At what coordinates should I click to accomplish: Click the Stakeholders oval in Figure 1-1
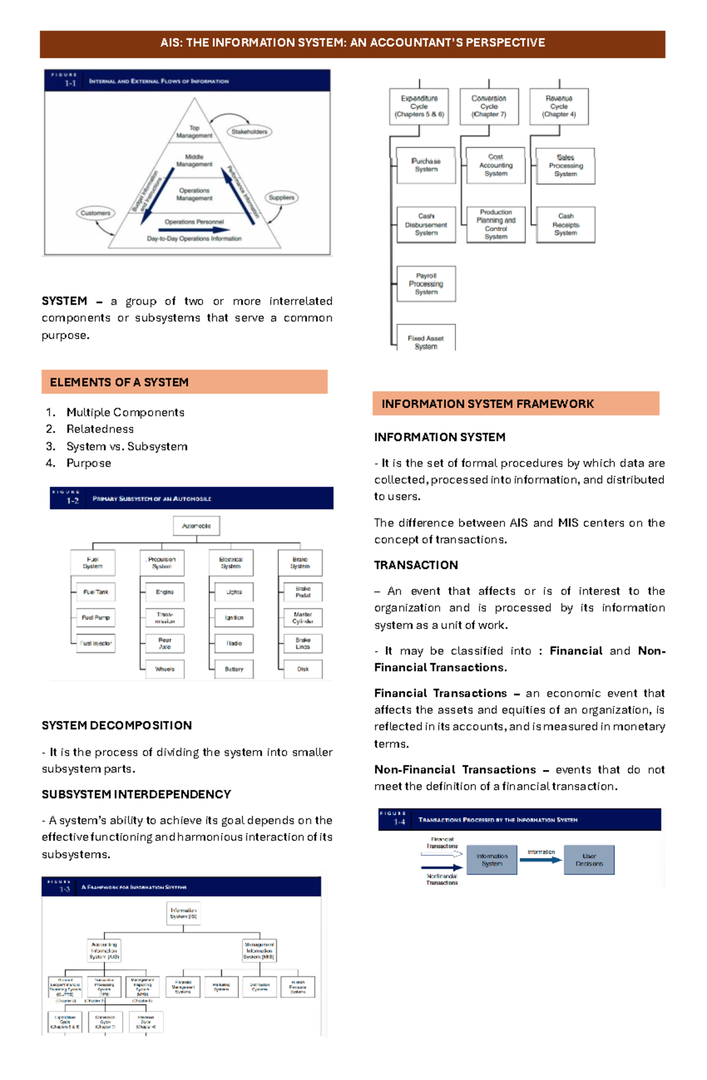[249, 132]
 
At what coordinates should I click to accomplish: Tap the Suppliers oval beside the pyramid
[282, 198]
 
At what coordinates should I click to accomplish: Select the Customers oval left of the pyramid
[95, 213]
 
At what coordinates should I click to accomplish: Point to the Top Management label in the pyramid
[194, 132]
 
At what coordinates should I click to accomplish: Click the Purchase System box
[426, 165]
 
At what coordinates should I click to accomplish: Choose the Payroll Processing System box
[426, 284]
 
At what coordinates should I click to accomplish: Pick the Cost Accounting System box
[495, 165]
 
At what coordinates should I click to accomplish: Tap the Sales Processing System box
[566, 166]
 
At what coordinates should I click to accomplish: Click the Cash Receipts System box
[566, 225]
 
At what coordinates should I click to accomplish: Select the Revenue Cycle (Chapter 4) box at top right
[559, 107]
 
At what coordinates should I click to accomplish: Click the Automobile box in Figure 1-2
[196, 526]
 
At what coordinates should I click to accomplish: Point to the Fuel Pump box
[95, 618]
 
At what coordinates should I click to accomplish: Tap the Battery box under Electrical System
[234, 669]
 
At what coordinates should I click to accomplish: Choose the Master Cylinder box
[303, 618]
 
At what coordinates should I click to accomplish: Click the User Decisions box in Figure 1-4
[589, 860]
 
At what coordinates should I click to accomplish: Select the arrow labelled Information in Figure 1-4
[541, 860]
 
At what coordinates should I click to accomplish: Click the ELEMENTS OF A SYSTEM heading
[120, 383]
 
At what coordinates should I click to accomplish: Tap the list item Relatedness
[100, 429]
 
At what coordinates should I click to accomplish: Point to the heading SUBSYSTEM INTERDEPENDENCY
[136, 795]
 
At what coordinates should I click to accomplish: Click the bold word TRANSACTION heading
[416, 565]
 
